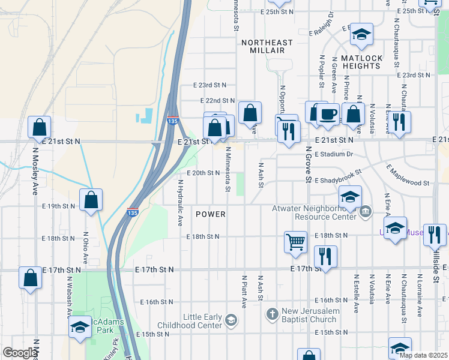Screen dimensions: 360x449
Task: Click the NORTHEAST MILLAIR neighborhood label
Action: tap(267, 47)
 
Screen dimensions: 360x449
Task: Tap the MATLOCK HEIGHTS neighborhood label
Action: tap(361, 62)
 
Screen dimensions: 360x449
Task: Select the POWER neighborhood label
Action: tap(211, 214)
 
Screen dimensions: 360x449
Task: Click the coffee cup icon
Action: tap(328, 114)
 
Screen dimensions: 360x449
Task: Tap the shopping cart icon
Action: tap(295, 242)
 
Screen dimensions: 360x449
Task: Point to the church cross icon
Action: tap(272, 314)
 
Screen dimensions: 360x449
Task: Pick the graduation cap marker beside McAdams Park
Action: tap(79, 328)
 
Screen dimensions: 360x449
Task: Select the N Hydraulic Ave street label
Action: tap(179, 202)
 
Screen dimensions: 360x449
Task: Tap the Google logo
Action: tap(19, 353)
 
